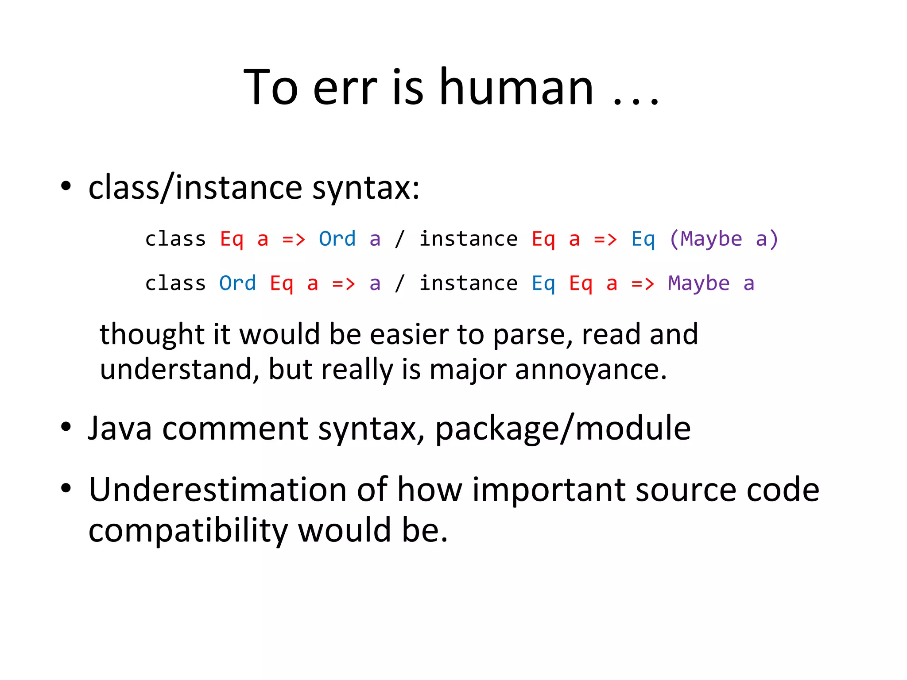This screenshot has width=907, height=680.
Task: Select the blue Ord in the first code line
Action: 337,239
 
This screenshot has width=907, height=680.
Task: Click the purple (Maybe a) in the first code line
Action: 724,239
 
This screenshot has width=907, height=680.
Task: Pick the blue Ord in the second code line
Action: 237,283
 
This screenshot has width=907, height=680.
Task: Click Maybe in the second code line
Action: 698,283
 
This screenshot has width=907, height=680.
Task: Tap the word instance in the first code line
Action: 468,239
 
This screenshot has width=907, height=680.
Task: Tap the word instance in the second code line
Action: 468,283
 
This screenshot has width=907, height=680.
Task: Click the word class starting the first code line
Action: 175,239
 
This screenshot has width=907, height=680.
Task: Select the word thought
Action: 152,335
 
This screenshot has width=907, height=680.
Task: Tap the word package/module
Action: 563,429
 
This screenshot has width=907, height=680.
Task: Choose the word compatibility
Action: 188,531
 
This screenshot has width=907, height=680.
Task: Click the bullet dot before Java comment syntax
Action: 66,427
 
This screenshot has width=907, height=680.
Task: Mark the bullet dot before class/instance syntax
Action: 66,186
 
